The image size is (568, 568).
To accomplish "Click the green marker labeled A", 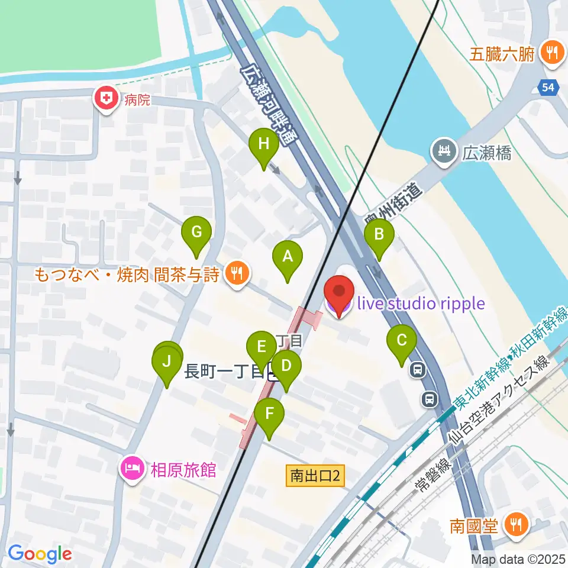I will click(287, 257).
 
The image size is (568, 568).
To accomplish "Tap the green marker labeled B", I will click(379, 235).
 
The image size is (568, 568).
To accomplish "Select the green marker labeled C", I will click(401, 341).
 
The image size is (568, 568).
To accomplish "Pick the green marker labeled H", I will click(264, 145).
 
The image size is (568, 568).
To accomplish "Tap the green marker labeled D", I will click(286, 366).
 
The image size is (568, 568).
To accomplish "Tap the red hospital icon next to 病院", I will click(106, 98).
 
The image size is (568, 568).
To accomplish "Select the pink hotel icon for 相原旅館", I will click(131, 470).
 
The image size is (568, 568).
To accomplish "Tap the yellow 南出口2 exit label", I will click(316, 475).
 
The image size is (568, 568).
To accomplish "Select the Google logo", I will click(40, 554).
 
